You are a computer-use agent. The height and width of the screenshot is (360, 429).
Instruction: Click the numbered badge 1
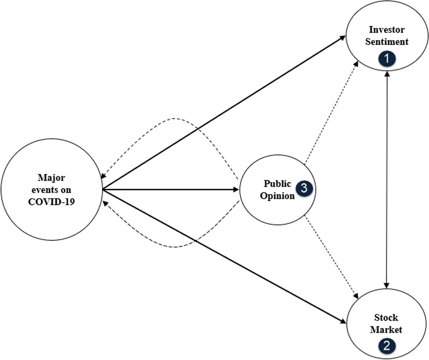point(387,59)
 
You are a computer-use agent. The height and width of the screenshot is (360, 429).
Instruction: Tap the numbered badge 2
point(387,345)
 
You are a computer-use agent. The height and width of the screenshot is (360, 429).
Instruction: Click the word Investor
point(387,29)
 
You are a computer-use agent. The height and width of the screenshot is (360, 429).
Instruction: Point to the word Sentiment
point(387,41)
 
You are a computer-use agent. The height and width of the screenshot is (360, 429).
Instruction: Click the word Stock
point(386,318)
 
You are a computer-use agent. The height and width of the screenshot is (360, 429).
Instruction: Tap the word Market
point(386,330)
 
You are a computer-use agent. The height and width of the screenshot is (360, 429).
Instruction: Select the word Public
point(277,183)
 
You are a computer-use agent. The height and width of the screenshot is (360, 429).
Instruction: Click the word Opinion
point(279,196)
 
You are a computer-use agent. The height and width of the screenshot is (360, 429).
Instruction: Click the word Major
point(51,178)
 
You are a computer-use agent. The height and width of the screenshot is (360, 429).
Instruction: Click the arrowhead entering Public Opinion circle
point(236,189)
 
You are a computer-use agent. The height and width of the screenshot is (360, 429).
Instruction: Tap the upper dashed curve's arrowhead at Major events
point(103,176)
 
